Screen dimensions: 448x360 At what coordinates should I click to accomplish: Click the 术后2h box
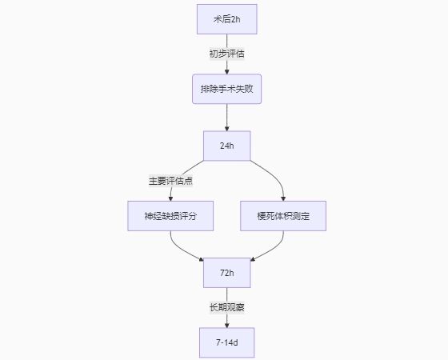click(x=227, y=19)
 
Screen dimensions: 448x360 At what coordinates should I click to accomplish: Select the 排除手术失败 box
click(x=227, y=89)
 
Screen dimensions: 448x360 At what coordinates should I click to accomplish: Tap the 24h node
click(x=227, y=146)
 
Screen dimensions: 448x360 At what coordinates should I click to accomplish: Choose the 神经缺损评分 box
click(x=170, y=216)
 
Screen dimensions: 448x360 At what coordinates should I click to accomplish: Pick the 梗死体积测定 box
click(x=283, y=216)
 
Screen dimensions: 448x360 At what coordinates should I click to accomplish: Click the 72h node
click(x=227, y=273)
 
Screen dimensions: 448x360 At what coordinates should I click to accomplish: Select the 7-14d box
click(x=227, y=342)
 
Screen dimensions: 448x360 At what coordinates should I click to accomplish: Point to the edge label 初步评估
click(x=227, y=54)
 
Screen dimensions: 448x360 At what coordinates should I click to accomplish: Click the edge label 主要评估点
click(x=170, y=181)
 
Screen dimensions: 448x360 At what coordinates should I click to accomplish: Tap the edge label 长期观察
click(x=227, y=308)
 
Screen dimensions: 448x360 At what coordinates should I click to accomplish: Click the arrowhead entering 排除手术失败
click(x=227, y=71)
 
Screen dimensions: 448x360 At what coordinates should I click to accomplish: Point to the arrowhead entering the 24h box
click(x=227, y=129)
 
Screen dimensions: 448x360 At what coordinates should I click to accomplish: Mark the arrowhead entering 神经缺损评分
click(x=170, y=198)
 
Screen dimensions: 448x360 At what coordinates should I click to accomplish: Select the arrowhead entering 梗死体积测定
click(x=283, y=198)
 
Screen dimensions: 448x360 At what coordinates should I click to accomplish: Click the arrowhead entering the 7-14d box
click(x=227, y=326)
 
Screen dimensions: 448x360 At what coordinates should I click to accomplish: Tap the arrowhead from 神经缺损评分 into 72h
click(x=202, y=259)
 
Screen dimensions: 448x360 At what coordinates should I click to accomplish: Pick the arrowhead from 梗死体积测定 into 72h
click(x=253, y=259)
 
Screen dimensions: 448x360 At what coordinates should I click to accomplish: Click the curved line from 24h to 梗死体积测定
click(x=274, y=175)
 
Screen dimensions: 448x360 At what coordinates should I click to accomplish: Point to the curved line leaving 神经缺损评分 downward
click(x=179, y=248)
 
